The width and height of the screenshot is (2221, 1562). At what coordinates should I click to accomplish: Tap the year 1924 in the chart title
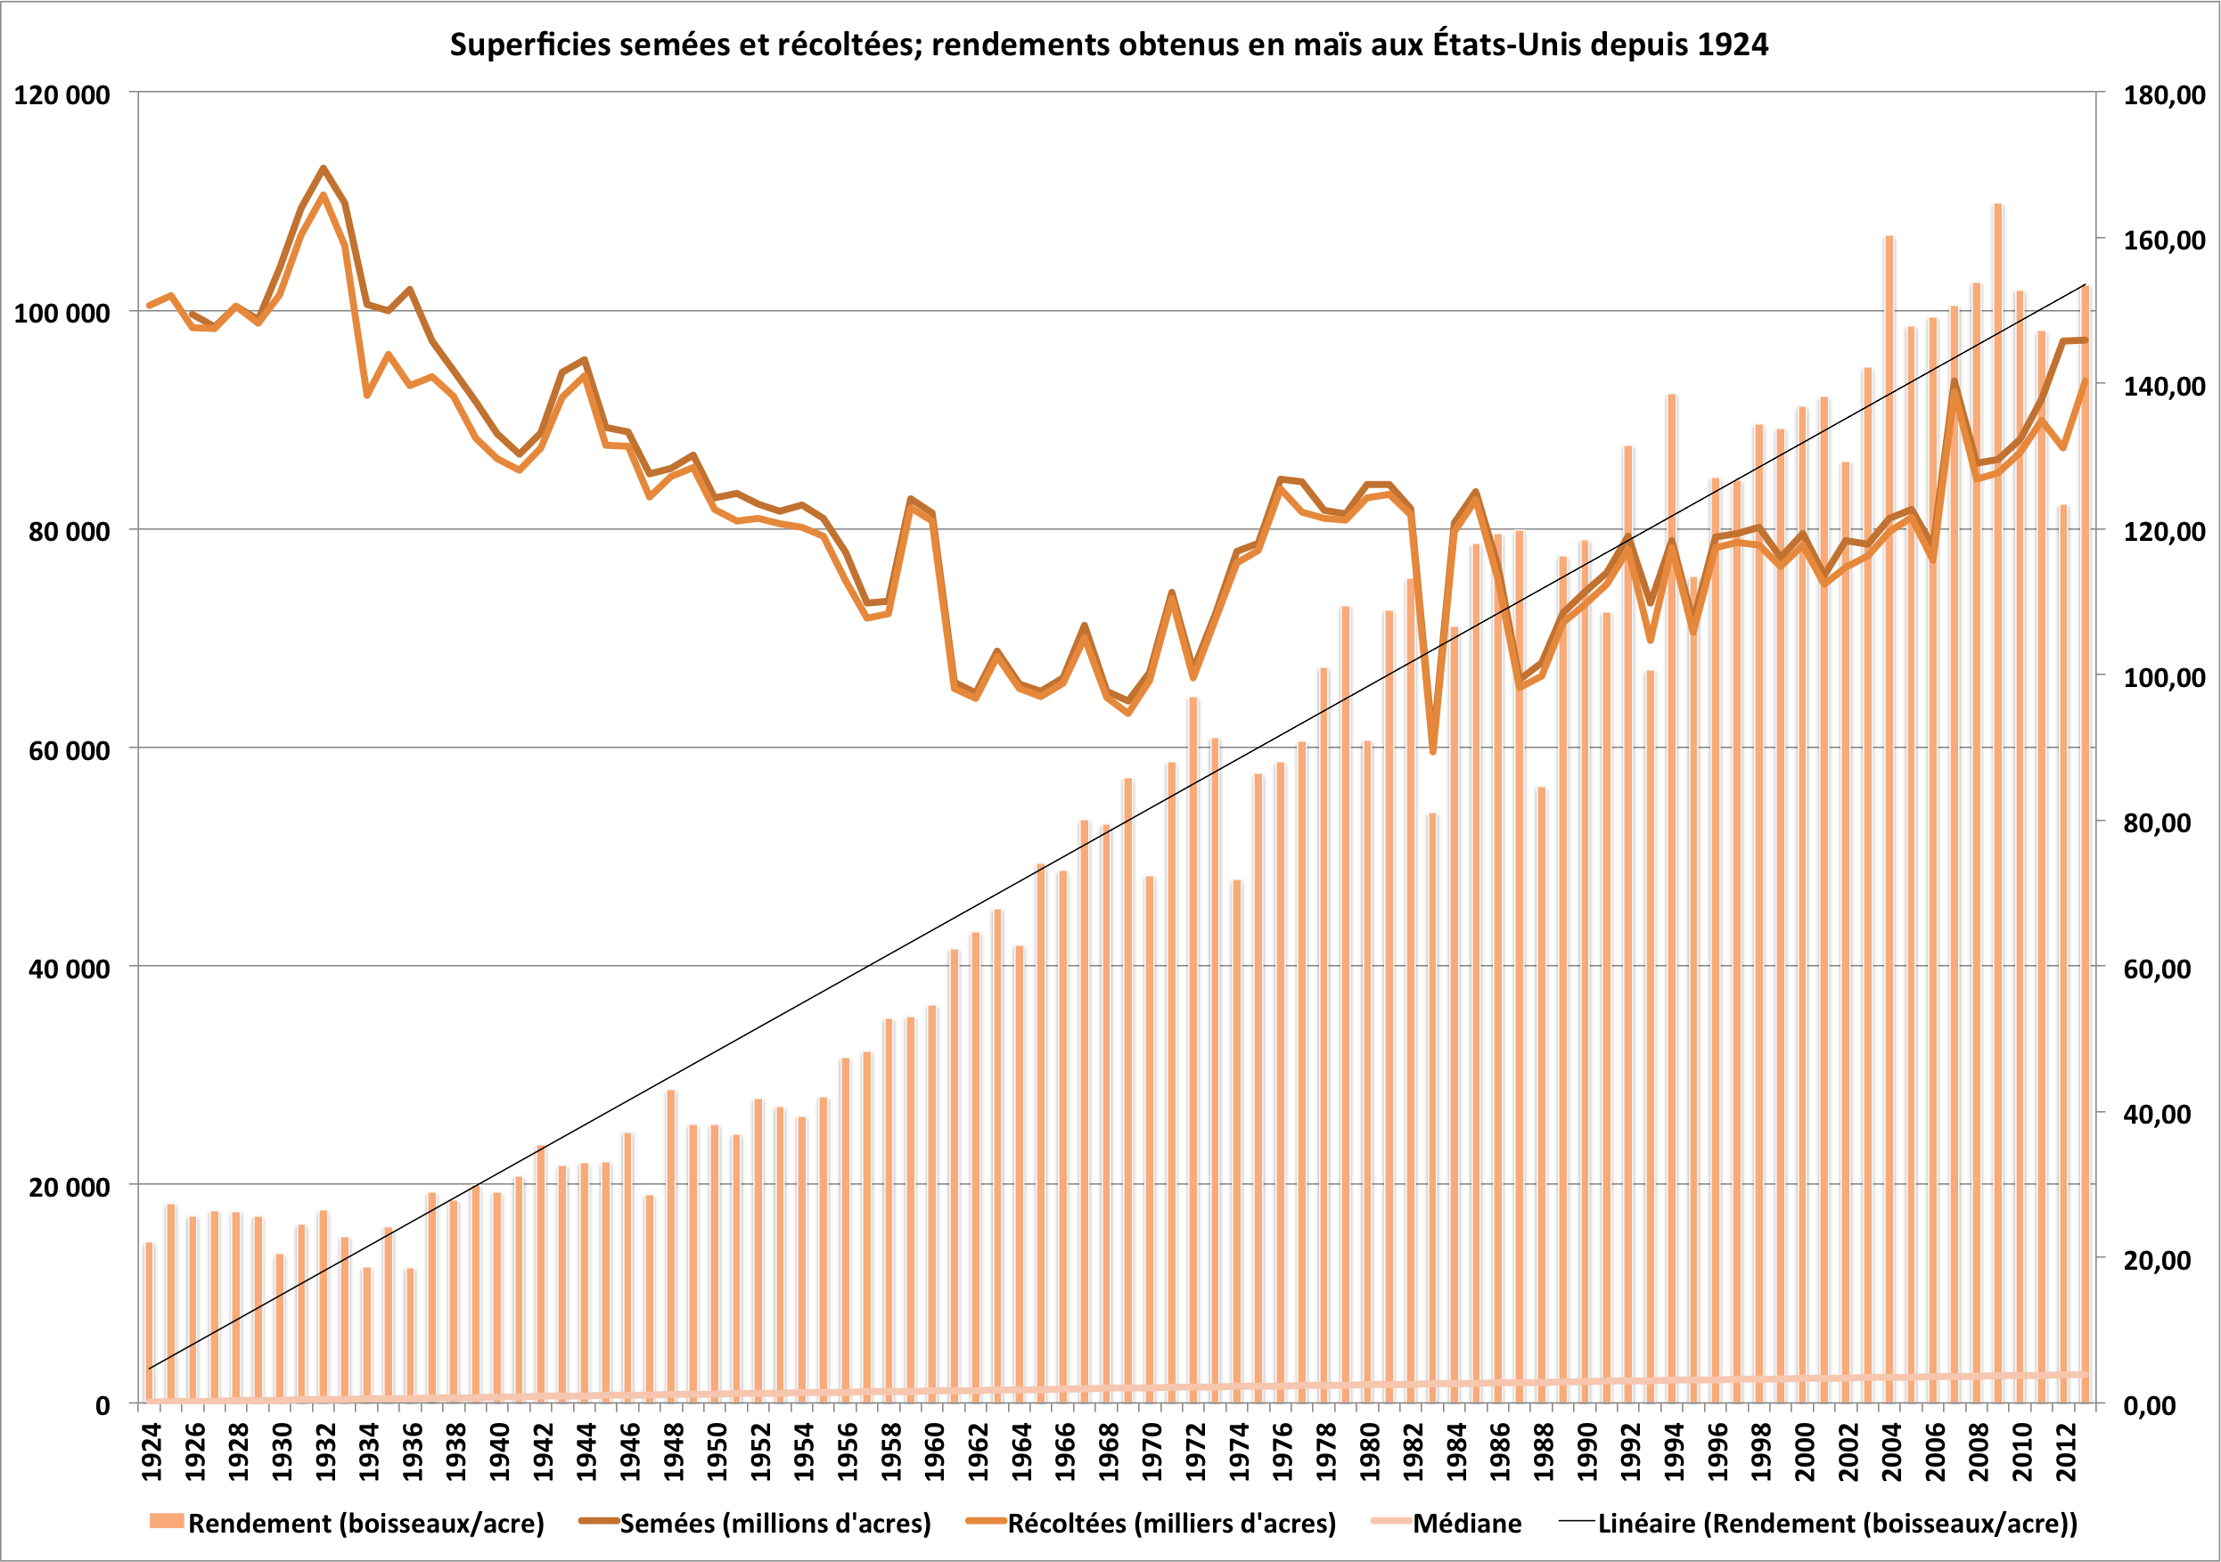[1733, 45]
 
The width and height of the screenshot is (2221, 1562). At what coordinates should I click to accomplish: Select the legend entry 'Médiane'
[1466, 1524]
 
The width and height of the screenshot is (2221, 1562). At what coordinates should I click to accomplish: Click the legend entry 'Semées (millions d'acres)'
[774, 1524]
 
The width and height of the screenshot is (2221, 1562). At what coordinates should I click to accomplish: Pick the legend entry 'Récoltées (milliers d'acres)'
[1171, 1524]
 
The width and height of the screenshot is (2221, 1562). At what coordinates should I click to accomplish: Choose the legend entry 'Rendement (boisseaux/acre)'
[365, 1524]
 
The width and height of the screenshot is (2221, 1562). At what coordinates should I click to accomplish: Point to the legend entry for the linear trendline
[1837, 1524]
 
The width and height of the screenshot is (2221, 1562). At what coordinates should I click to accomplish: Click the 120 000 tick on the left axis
[61, 94]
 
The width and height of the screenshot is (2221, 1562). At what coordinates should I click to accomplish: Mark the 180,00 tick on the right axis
[2164, 94]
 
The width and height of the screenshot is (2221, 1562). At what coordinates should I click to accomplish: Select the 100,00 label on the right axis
[2164, 677]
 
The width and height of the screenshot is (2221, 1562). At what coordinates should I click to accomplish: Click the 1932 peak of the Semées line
[324, 168]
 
